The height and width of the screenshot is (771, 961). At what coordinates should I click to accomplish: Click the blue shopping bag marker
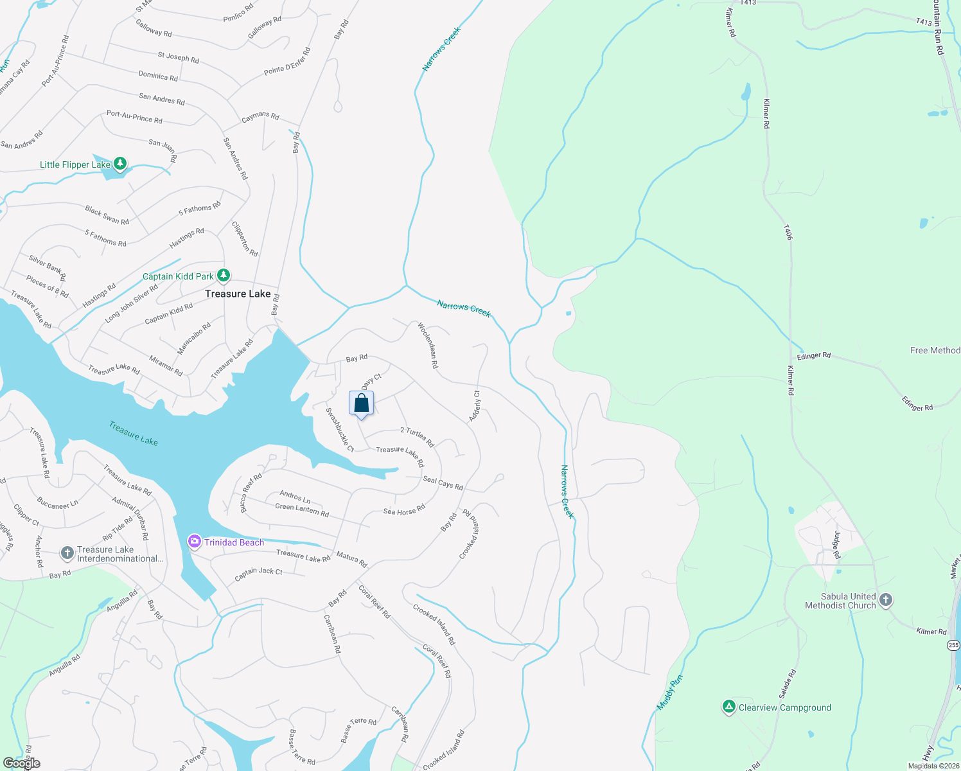[x=362, y=403]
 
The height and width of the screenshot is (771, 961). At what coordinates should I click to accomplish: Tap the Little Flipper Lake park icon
[x=119, y=164]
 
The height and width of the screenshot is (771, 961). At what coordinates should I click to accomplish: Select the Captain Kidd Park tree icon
[x=223, y=276]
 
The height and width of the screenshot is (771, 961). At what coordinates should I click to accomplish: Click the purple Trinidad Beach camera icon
[x=194, y=542]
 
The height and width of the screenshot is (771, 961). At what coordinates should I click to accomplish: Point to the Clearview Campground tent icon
[x=728, y=707]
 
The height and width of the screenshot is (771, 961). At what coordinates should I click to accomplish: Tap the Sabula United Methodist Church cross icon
[x=886, y=600]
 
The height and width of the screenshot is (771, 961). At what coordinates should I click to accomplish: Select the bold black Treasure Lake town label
[x=238, y=294]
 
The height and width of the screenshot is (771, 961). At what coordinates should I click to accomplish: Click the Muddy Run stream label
[x=669, y=692]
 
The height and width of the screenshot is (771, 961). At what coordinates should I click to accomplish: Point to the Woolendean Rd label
[x=428, y=345]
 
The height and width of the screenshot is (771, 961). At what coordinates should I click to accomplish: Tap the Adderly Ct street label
[x=475, y=406]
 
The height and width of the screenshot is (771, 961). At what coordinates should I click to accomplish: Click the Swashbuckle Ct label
[x=340, y=430]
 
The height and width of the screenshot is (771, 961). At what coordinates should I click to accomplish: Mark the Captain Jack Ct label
[x=258, y=574]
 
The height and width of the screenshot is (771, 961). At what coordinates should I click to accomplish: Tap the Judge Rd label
[x=836, y=544]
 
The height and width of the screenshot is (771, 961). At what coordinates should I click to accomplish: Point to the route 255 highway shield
[x=953, y=645]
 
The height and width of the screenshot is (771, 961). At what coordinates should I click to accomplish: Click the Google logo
[x=21, y=763]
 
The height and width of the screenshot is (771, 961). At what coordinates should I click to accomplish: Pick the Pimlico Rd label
[x=238, y=13]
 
